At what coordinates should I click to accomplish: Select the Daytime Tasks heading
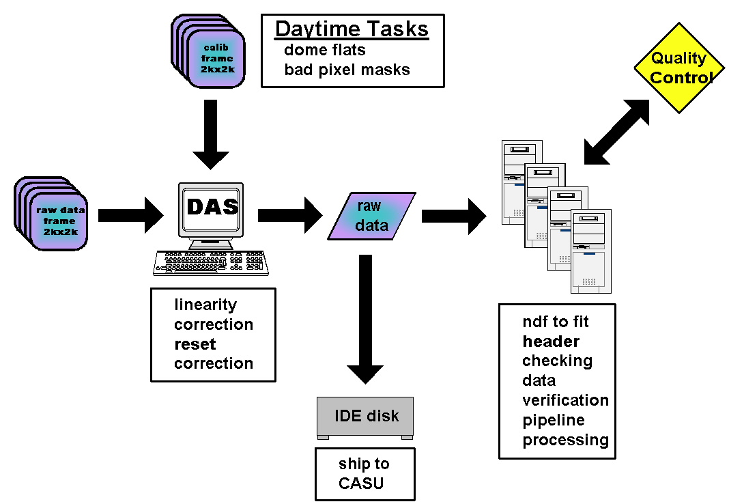click(x=352, y=29)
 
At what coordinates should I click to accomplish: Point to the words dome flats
click(x=324, y=50)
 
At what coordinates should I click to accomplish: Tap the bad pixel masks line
click(x=347, y=70)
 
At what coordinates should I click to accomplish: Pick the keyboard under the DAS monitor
click(x=210, y=262)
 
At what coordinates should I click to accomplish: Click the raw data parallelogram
click(x=371, y=216)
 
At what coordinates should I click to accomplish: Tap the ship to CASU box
click(x=364, y=474)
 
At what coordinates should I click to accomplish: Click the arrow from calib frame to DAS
click(x=210, y=133)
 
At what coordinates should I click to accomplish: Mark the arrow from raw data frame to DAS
click(x=130, y=216)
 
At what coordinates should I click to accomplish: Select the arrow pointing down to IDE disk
click(x=366, y=318)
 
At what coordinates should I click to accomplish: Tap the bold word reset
click(x=195, y=344)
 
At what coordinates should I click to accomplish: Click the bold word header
click(x=551, y=341)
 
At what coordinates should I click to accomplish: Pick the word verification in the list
click(x=565, y=400)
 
